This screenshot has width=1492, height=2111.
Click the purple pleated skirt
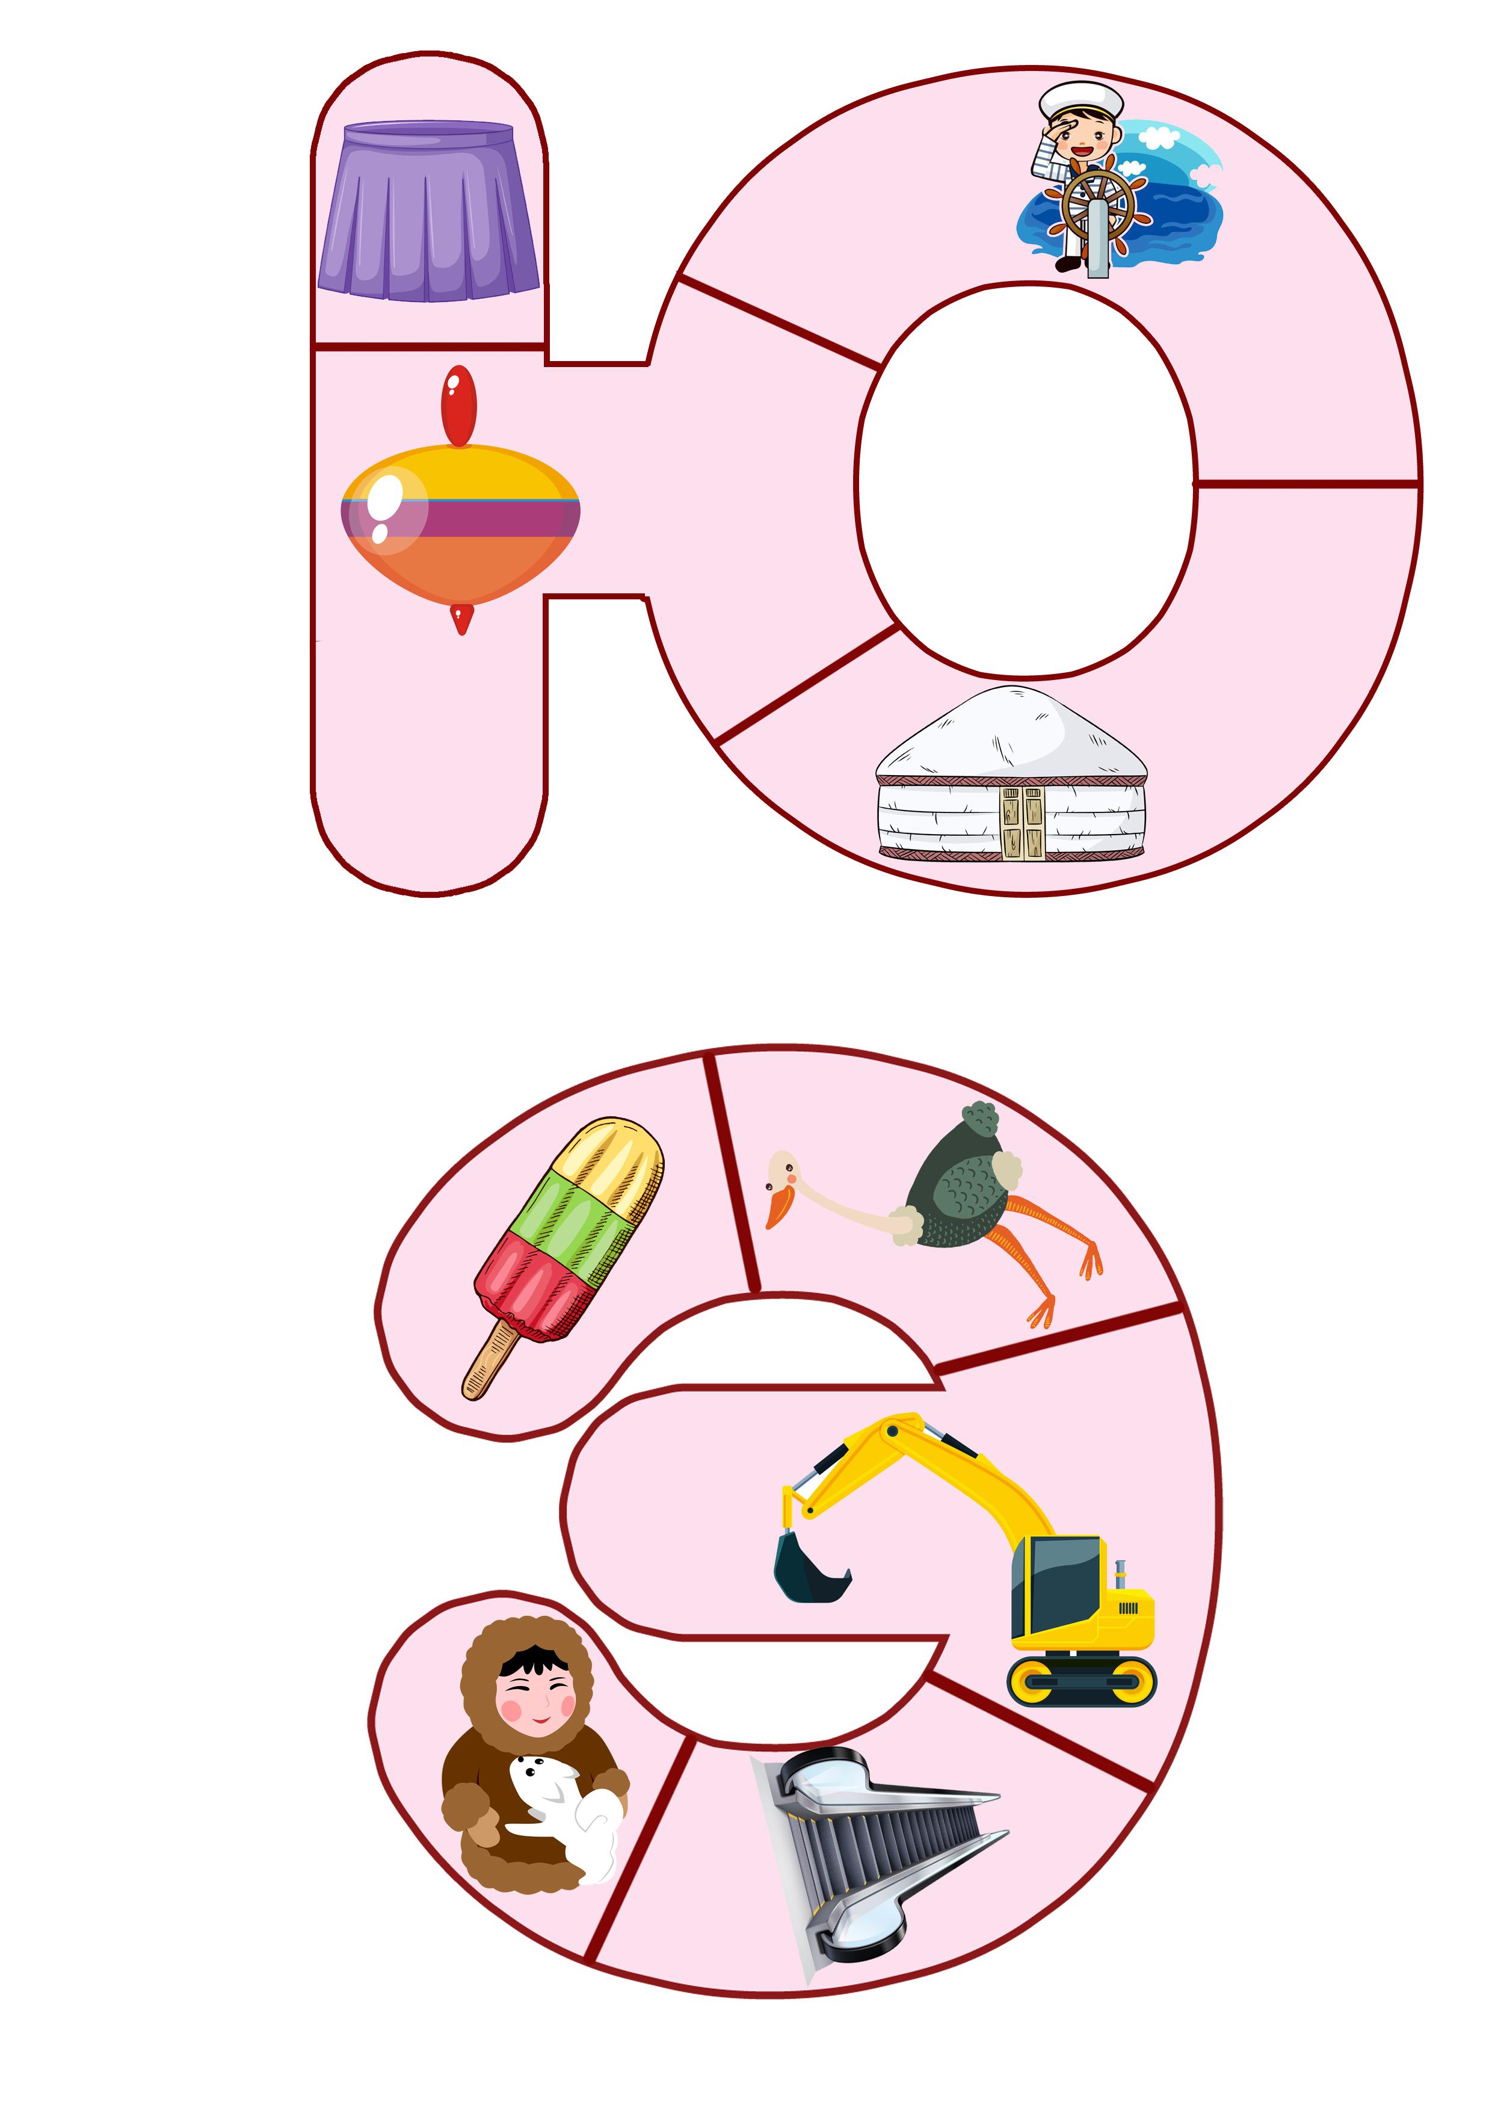(x=428, y=211)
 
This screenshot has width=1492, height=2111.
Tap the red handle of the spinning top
(x=458, y=406)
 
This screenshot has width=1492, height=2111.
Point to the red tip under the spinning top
(x=461, y=619)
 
